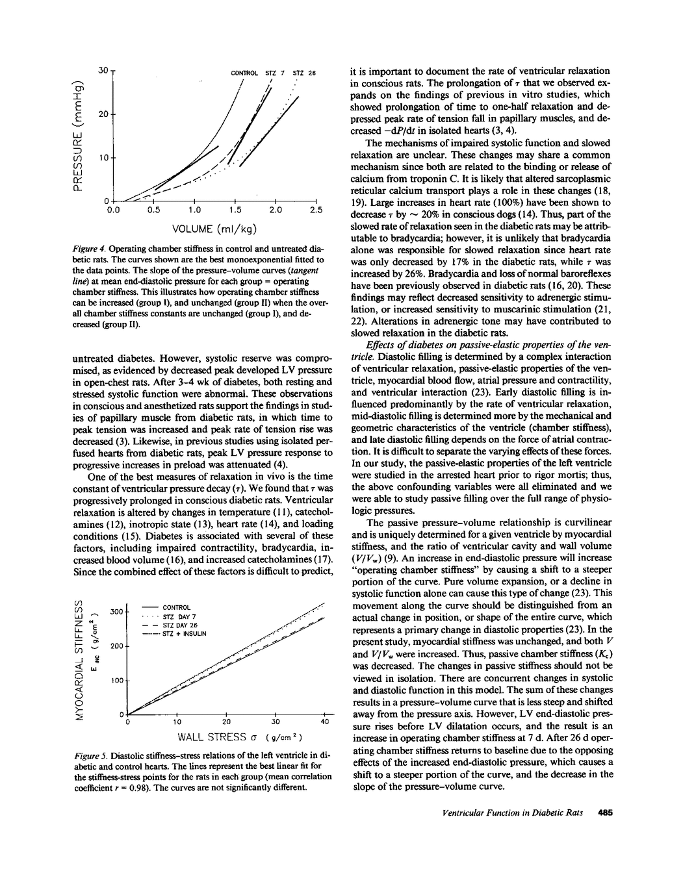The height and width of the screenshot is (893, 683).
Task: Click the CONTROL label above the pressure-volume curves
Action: (245, 73)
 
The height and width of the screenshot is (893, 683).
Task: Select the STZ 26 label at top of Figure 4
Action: (304, 73)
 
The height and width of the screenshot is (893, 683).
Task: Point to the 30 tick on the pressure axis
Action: (103, 70)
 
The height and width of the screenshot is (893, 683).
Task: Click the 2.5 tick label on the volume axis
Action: (316, 210)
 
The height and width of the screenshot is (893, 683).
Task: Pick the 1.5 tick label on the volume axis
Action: (235, 210)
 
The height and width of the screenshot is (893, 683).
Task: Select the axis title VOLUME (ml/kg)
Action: (214, 229)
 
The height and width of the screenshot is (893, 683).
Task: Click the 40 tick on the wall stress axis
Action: (325, 722)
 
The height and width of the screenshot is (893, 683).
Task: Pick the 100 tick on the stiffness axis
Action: (116, 681)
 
